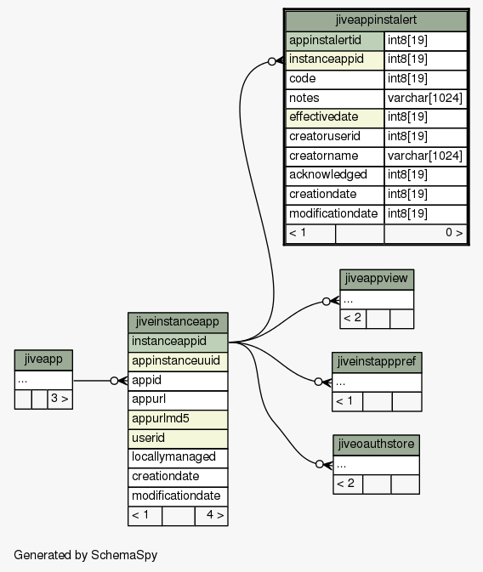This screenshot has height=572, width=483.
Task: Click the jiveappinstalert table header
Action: click(376, 20)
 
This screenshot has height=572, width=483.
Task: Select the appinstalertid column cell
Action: click(335, 41)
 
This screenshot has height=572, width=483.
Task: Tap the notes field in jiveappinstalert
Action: click(335, 99)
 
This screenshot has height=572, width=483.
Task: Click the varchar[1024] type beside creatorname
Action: click(425, 156)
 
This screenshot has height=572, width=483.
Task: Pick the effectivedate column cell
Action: click(335, 118)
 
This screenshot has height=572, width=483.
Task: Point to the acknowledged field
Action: click(335, 175)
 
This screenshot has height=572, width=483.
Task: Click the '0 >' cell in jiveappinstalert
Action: click(425, 234)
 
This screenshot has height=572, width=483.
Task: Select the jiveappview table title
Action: click(377, 280)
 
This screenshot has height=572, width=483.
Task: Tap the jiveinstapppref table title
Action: click(377, 362)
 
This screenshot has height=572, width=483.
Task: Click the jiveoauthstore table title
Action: click(376, 445)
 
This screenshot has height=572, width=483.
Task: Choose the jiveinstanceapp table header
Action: click(178, 322)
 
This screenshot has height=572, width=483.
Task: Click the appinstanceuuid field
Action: click(178, 361)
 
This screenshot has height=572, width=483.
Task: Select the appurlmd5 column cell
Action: click(178, 419)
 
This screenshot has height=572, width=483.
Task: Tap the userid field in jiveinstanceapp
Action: click(178, 439)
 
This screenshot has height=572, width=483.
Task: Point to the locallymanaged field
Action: click(178, 458)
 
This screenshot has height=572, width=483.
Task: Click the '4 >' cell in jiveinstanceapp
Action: click(212, 516)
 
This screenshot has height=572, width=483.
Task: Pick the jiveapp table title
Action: click(43, 360)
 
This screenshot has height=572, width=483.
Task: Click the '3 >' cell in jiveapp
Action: click(60, 399)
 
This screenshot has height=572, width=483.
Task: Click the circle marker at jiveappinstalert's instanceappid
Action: click(271, 62)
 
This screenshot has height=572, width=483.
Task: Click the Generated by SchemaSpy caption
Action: click(85, 555)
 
